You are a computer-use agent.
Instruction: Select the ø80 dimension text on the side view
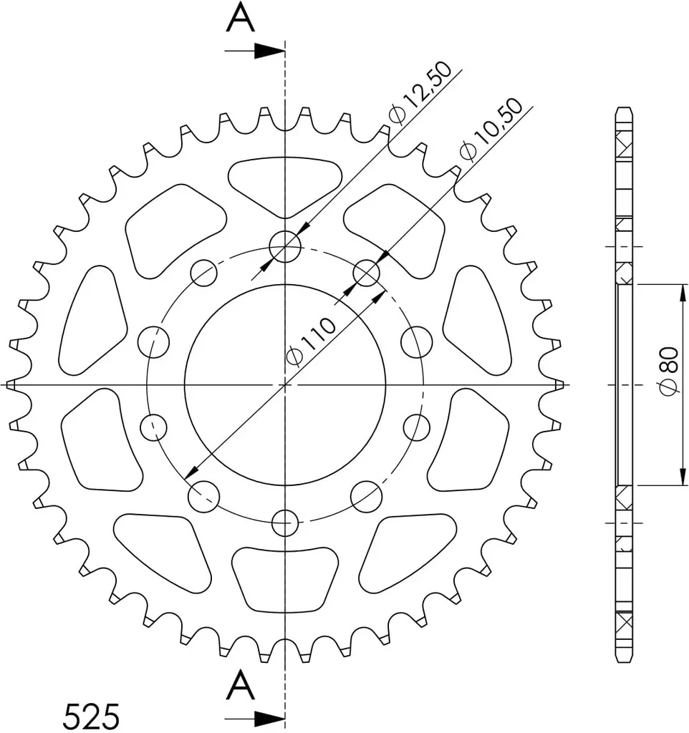[x=668, y=372]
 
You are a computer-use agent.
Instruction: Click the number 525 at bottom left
[x=91, y=715]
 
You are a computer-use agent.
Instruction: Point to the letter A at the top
[x=241, y=18]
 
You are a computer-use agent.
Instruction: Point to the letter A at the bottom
[x=241, y=684]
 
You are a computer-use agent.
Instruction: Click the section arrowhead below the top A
[x=269, y=51]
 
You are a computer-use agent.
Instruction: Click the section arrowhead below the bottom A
[x=269, y=717]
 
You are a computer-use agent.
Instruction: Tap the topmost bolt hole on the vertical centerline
[x=285, y=246]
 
